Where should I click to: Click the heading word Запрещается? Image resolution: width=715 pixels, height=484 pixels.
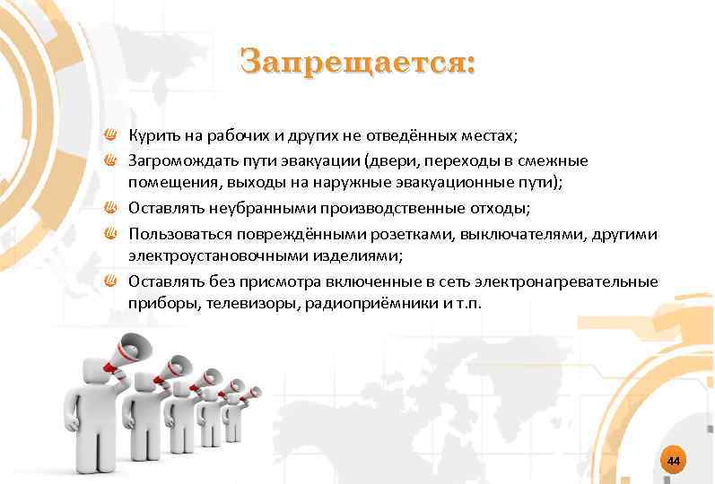pyautogui.click(x=357, y=64)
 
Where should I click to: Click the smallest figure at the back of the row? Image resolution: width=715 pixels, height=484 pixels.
pyautogui.click(x=231, y=412)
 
